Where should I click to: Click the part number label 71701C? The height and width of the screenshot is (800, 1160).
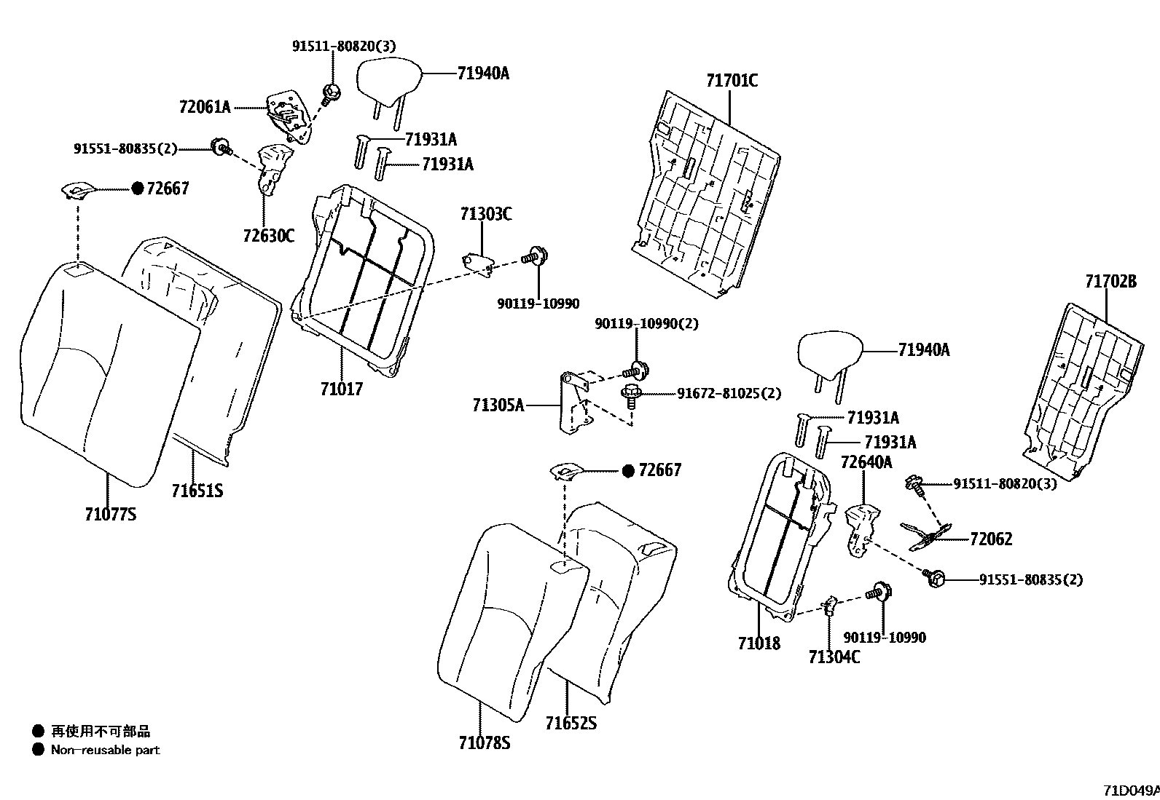[x=732, y=80]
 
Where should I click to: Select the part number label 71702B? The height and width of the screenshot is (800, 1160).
[x=1110, y=281]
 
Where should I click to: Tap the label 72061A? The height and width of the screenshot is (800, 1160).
[x=204, y=107]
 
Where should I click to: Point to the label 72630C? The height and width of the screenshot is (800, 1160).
[x=268, y=235]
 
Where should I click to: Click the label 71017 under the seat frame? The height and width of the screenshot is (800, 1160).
[x=341, y=389]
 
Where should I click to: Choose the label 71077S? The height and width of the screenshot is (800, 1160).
[x=110, y=515]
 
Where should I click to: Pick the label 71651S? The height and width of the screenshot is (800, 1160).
[x=197, y=491]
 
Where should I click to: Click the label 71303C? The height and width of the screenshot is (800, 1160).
[x=485, y=214]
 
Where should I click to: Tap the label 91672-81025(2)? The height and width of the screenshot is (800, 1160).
[x=729, y=393]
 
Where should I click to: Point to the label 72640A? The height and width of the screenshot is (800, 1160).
[x=866, y=462]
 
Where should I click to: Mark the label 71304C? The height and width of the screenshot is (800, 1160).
[x=834, y=657]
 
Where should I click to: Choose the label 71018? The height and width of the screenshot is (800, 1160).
[x=759, y=643]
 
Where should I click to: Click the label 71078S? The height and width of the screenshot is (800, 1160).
[x=485, y=742]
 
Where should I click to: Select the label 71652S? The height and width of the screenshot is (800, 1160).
[x=571, y=723]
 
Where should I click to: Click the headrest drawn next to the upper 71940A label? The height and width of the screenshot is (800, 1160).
[x=389, y=77]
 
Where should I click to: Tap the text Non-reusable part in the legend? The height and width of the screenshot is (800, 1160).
[x=105, y=750]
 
